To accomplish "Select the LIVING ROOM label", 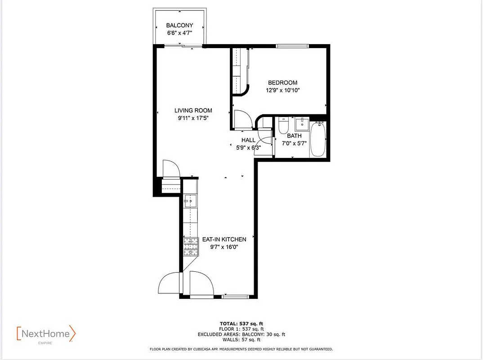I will point(193,110).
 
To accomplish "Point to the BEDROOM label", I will point(282,82).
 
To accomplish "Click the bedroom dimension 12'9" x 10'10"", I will point(282,90).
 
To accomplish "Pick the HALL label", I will point(248,140).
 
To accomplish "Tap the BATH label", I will point(294,135).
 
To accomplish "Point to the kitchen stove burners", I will point(191,247).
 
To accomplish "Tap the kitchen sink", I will point(191,201).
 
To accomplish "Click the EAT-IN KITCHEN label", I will point(224,239).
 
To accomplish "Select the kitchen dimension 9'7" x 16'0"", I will point(224,247).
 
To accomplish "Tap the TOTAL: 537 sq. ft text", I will point(241,324).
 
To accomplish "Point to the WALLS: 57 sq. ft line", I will point(241,340).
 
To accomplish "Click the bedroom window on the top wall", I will point(292,45).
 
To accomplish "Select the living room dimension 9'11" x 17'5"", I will point(193,118).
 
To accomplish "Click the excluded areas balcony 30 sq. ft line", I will point(241,334).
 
